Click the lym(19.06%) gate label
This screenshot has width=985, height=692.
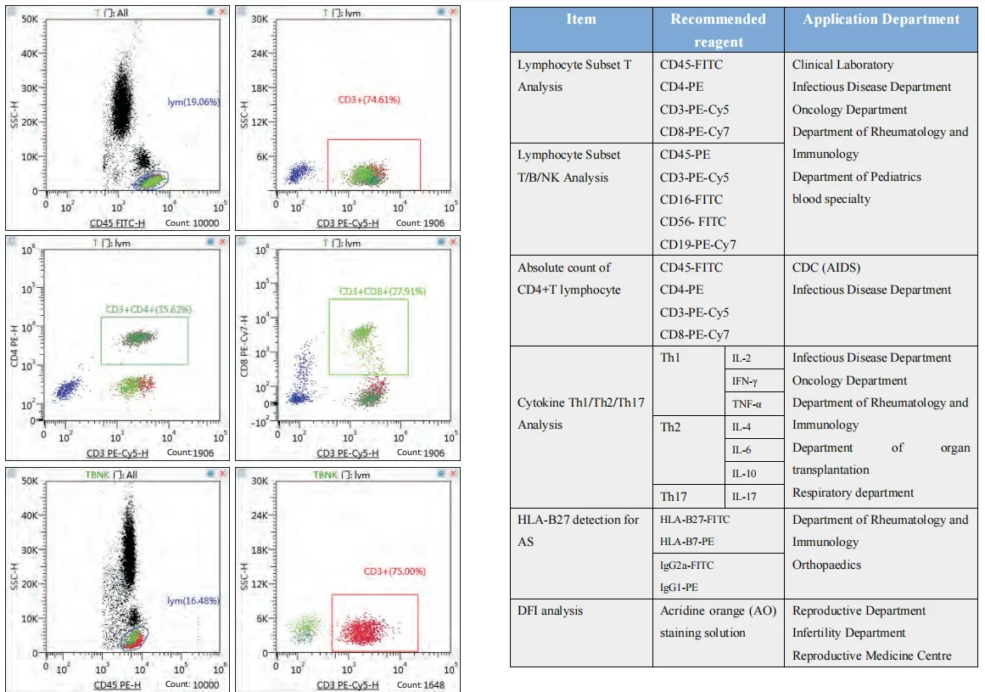tap(193, 102)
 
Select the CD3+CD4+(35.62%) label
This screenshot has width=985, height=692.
tap(148, 309)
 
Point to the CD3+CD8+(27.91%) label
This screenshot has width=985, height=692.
tap(372, 291)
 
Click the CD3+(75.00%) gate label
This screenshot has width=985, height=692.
tap(372, 571)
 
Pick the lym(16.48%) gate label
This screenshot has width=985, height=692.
tap(193, 601)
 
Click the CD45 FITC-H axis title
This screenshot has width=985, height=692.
tap(119, 223)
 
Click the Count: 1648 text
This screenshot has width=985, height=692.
tap(421, 684)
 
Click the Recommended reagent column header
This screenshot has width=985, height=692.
tap(718, 30)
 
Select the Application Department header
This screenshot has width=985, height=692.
tap(881, 20)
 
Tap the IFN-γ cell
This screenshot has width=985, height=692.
tap(745, 381)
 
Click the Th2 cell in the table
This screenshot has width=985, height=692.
tap(671, 427)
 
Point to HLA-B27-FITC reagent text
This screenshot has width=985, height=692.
tap(695, 520)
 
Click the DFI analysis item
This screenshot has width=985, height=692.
tap(551, 610)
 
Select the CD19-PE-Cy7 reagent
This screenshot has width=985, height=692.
tap(698, 245)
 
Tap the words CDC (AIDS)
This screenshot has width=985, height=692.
tap(826, 267)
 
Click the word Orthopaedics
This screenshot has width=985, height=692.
tap(826, 565)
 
